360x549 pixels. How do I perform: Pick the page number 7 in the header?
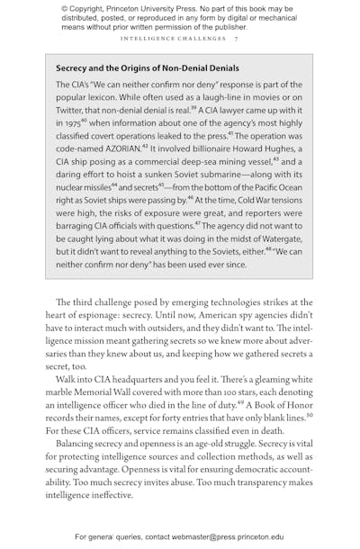click(x=236, y=39)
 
